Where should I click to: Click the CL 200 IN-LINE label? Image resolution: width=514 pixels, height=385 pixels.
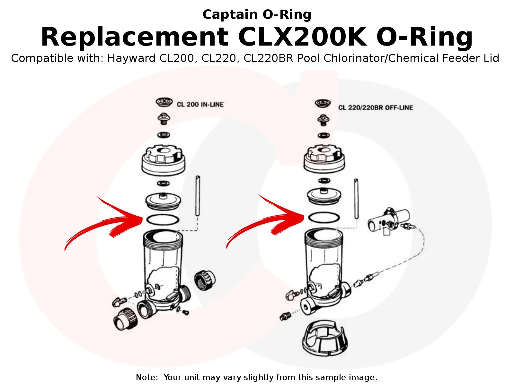[200, 104]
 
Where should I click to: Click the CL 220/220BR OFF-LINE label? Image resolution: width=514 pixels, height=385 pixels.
[375, 107]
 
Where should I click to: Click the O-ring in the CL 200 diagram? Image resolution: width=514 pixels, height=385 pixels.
[163, 220]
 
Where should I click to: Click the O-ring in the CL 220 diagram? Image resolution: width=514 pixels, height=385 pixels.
[324, 217]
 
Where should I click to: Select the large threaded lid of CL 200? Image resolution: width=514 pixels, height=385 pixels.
[164, 160]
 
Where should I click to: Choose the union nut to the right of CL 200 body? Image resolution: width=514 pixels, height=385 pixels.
[205, 280]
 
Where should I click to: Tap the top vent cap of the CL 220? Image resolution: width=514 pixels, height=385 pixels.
[323, 103]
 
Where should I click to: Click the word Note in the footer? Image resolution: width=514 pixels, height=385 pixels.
[146, 377]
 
